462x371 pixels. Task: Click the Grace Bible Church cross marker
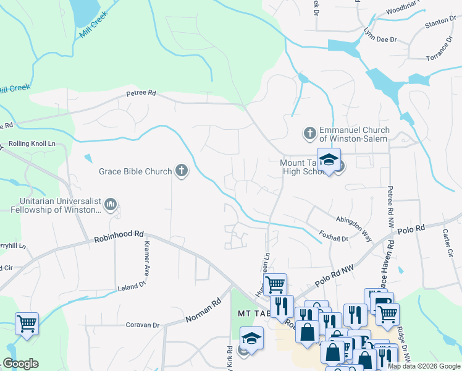click(181, 171)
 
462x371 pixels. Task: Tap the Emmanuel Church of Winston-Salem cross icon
click(310, 133)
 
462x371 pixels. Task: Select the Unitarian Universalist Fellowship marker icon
click(111, 204)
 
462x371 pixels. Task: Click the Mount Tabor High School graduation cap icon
click(329, 160)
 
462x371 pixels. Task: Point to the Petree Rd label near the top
click(141, 94)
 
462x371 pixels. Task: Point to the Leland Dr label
click(132, 285)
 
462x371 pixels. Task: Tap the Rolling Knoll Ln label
click(32, 144)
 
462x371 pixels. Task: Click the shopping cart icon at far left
click(27, 323)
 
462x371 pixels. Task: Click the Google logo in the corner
click(20, 364)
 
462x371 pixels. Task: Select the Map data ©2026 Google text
click(424, 366)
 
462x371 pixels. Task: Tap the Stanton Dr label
click(440, 25)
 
